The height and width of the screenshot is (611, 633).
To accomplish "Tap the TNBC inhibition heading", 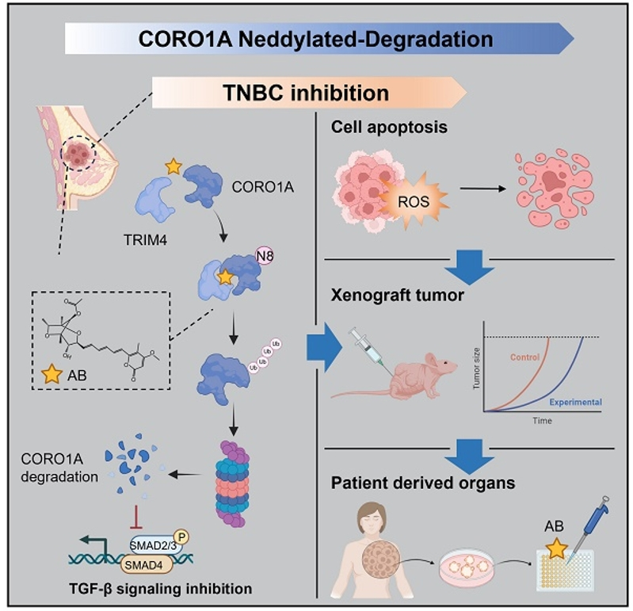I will click(x=304, y=93).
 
